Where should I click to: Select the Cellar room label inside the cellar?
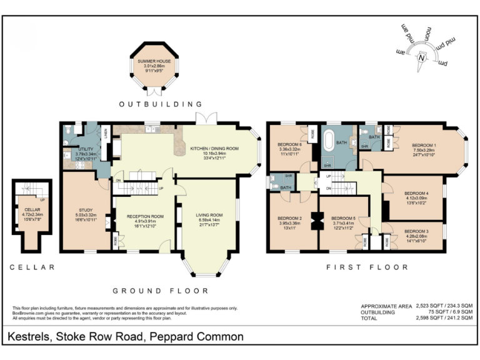(x=32, y=210)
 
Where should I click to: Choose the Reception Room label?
(x=145, y=216)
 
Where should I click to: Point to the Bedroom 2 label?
(x=290, y=218)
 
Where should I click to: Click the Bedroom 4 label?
(x=417, y=193)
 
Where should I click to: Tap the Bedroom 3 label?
(x=417, y=231)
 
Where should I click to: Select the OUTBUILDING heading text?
(x=161, y=104)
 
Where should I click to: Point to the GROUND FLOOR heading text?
(x=159, y=291)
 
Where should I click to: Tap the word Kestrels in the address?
(x=29, y=337)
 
